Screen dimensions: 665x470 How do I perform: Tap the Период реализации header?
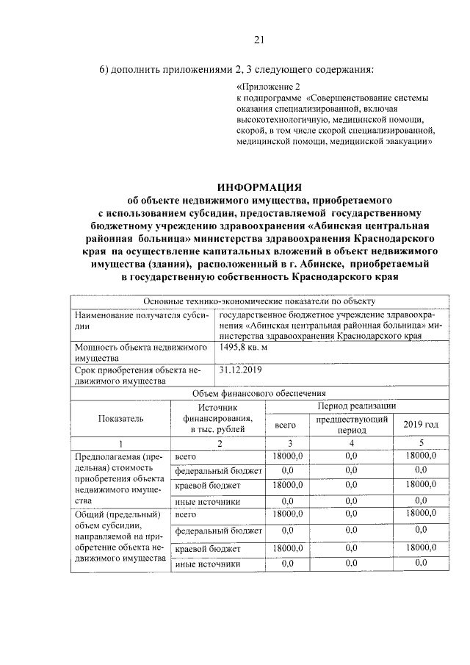click(356, 405)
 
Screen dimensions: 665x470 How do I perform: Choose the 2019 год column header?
click(421, 424)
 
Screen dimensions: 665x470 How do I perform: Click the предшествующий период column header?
click(351, 424)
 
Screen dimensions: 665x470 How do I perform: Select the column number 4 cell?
click(351, 442)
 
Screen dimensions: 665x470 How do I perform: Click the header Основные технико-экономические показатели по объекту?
click(259, 301)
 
